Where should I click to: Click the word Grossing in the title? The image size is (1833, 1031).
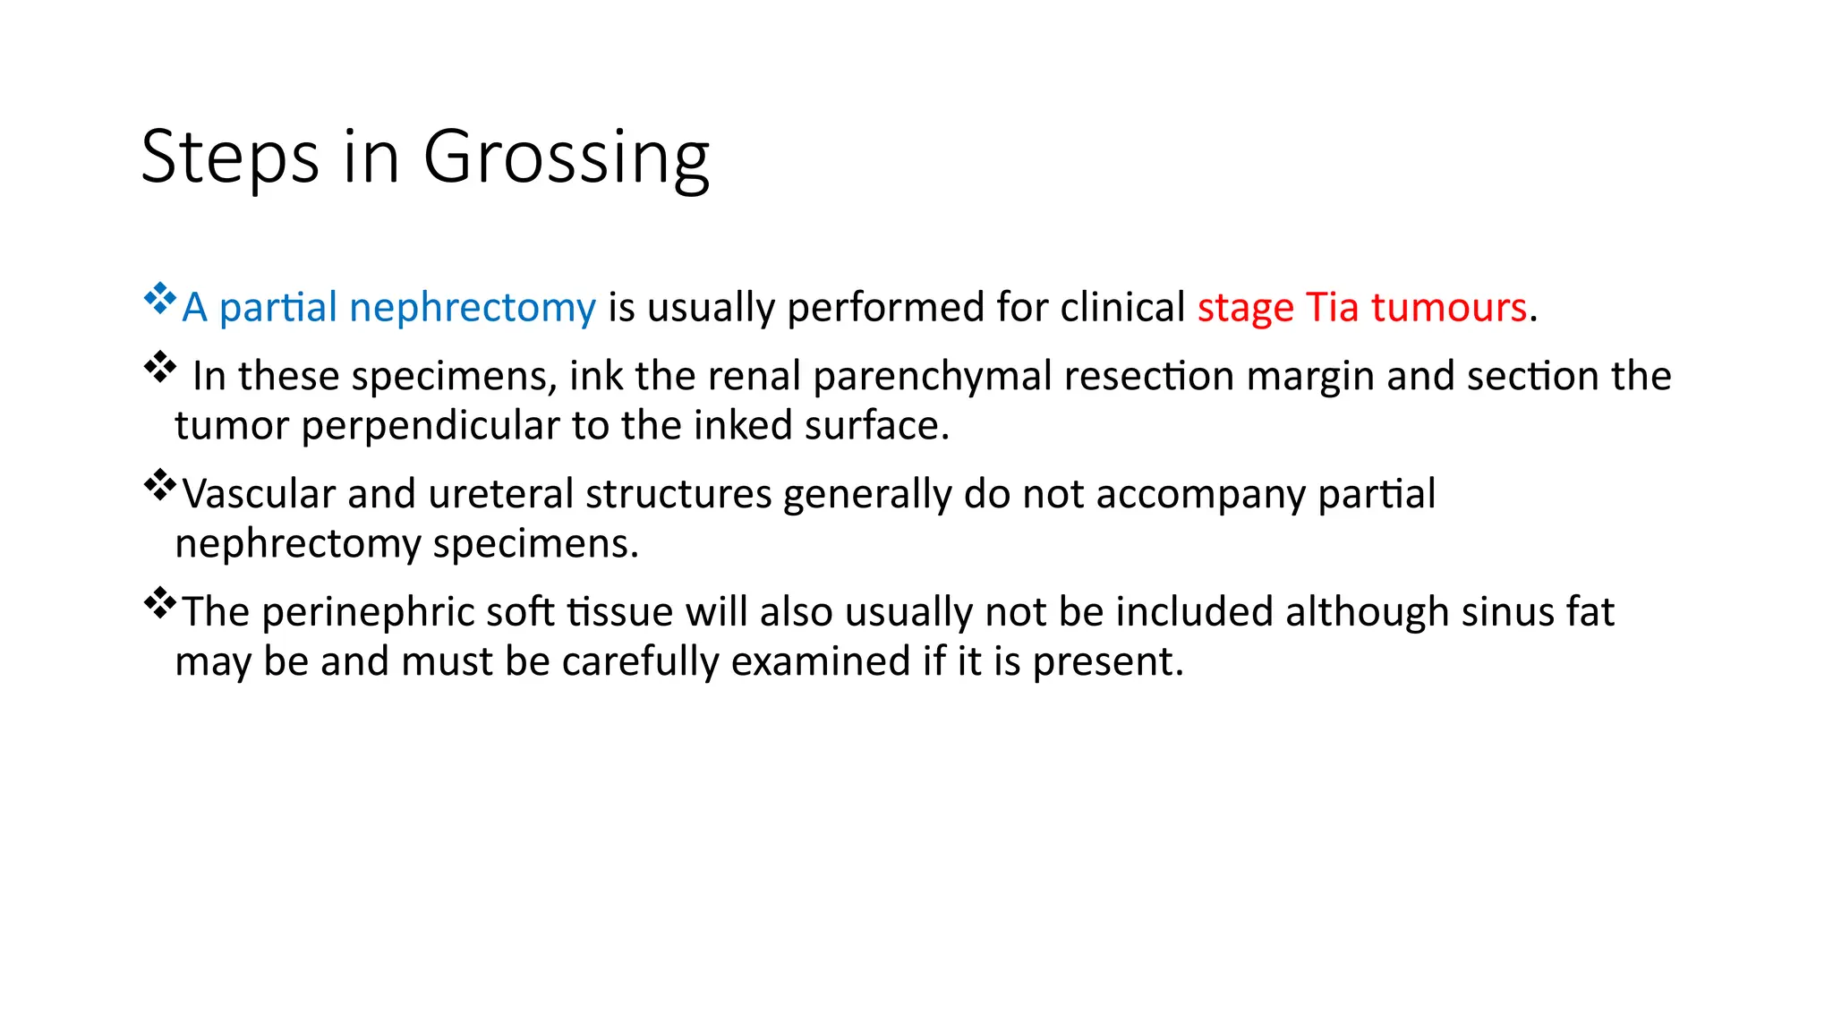[x=566, y=158]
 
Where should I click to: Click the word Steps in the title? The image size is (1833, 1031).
[x=230, y=158]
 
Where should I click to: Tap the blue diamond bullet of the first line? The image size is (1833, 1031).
[x=159, y=298]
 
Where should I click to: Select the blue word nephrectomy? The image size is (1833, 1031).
[x=472, y=308]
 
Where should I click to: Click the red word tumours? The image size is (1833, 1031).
[x=1448, y=308]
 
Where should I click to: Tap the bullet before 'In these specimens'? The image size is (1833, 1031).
[x=159, y=366]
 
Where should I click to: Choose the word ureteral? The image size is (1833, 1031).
[x=500, y=494]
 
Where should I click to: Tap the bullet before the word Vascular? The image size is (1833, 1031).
[x=159, y=484]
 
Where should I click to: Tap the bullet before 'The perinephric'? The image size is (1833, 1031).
[x=159, y=602]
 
